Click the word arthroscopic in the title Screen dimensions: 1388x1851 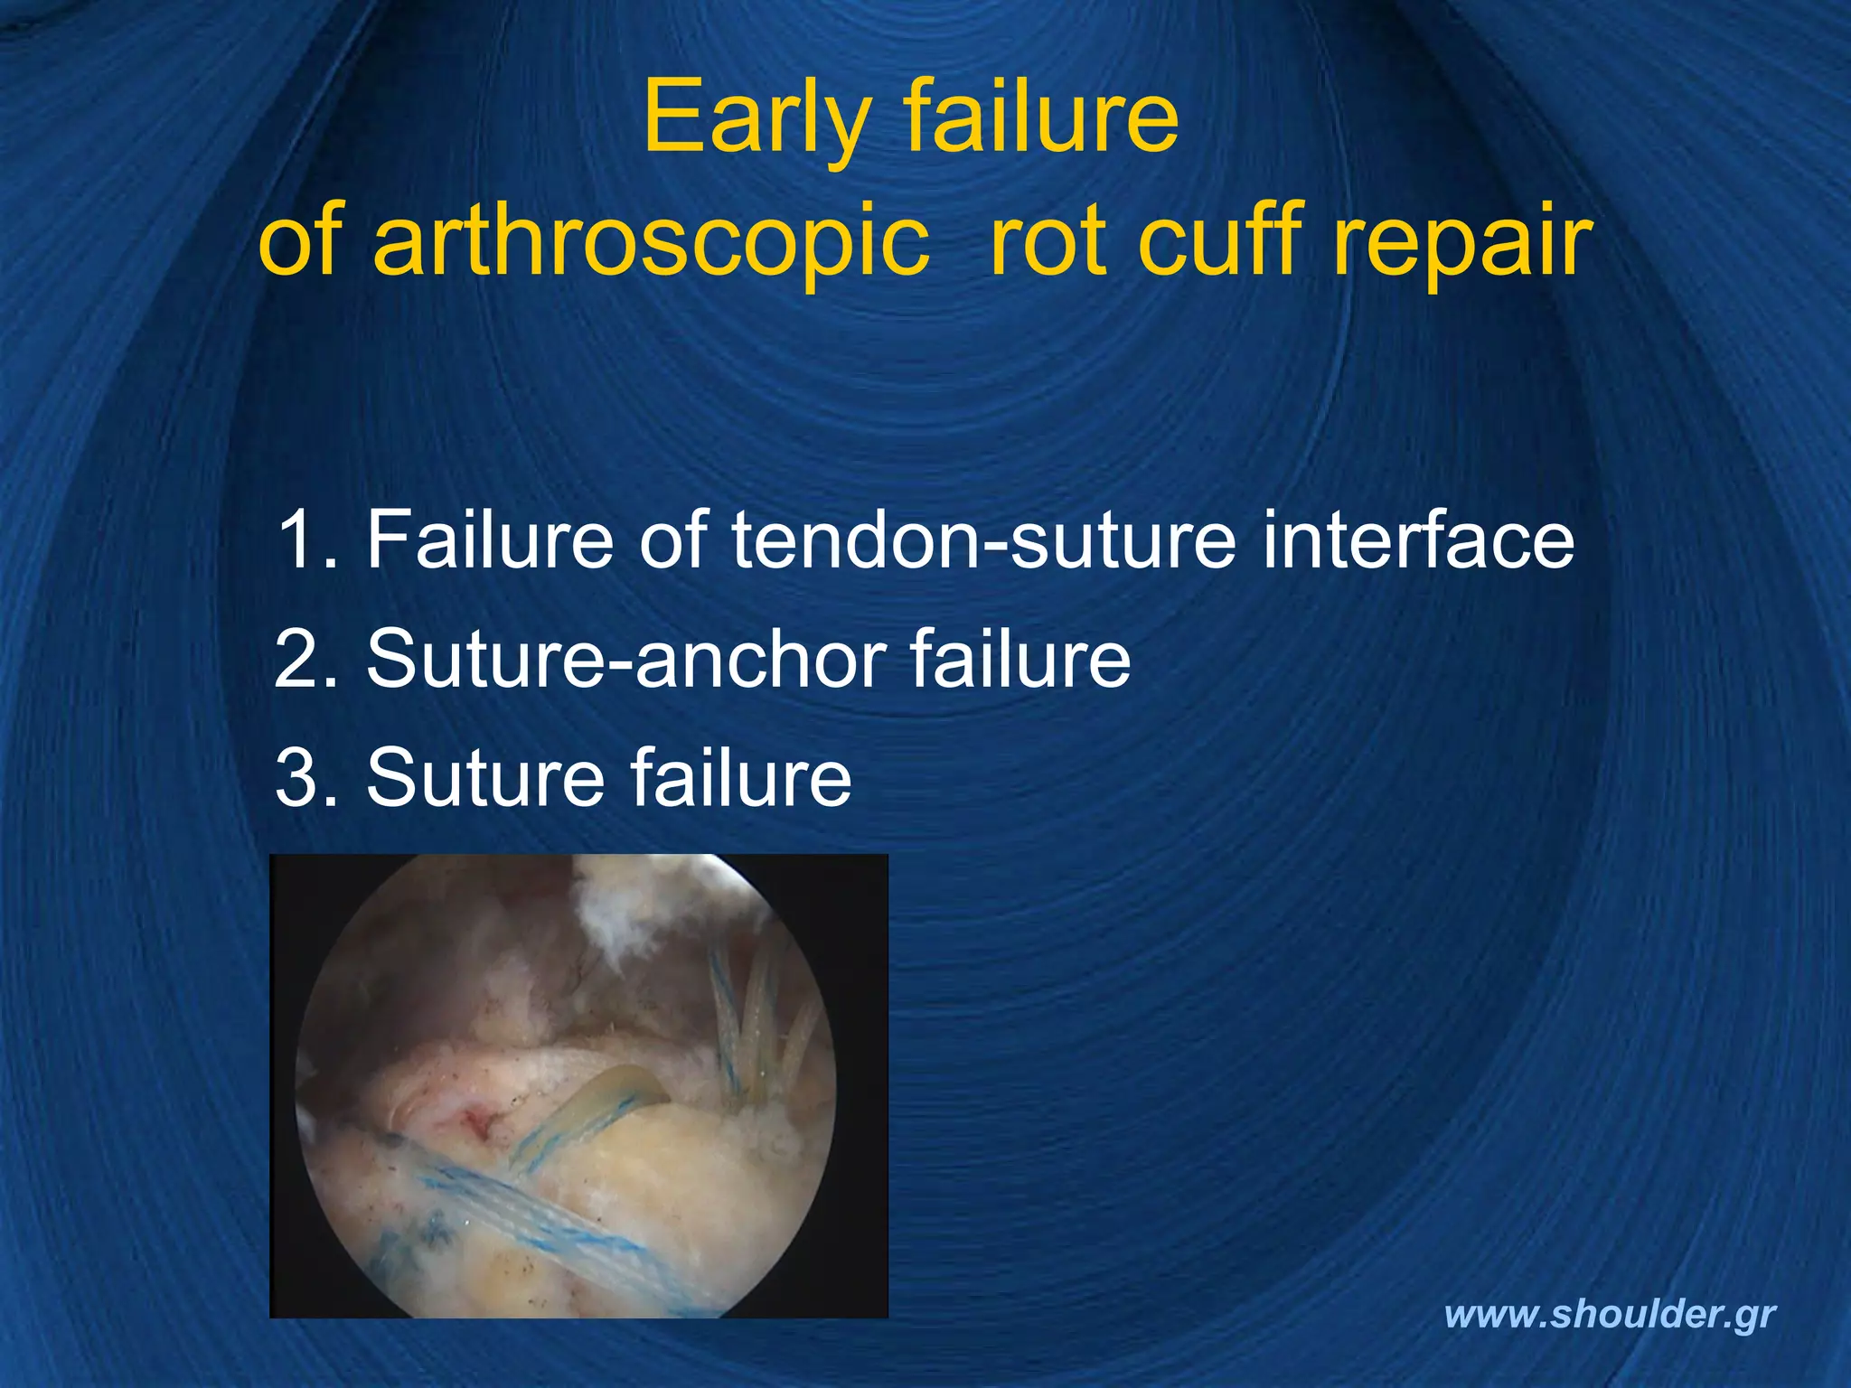coord(651,240)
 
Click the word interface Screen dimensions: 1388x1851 coord(1418,539)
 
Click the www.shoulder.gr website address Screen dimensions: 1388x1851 coord(1610,1315)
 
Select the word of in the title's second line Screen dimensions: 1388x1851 coord(302,240)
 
